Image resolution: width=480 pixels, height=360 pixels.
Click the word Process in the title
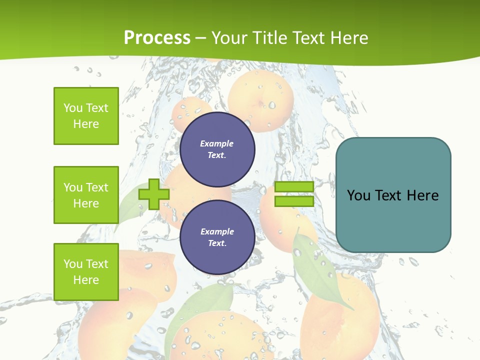click(157, 38)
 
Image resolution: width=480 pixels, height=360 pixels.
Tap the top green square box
click(86, 116)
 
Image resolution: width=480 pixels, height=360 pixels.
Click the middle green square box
click(86, 195)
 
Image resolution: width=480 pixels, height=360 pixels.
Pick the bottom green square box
click(86, 272)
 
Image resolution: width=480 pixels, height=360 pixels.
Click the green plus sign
click(154, 194)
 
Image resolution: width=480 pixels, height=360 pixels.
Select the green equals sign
click(294, 194)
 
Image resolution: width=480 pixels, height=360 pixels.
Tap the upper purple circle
click(217, 149)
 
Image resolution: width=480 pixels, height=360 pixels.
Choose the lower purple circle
click(217, 237)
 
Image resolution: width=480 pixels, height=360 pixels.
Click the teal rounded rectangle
click(393, 195)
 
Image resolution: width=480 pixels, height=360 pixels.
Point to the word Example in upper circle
click(217, 143)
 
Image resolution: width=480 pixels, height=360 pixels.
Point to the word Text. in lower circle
click(217, 243)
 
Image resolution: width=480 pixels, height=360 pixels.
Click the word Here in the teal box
click(422, 195)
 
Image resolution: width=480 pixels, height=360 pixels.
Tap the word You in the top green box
click(73, 108)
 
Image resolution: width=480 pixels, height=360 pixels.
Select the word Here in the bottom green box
click(86, 280)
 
